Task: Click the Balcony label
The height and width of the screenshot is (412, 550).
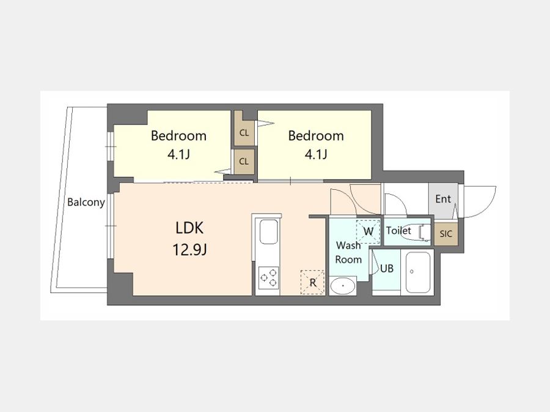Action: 86,202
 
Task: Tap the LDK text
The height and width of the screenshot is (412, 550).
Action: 189,228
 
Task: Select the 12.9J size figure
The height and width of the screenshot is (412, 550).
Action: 189,250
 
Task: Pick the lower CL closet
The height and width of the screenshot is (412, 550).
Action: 244,162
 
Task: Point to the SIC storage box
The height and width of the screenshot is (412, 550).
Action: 446,234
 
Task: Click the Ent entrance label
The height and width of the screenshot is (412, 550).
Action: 443,199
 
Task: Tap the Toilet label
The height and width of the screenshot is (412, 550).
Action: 398,231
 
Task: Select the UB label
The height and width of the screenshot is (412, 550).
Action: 387,269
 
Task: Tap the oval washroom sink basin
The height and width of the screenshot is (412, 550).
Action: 343,286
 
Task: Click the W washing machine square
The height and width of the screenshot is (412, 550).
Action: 369,231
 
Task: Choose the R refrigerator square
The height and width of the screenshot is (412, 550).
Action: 312,282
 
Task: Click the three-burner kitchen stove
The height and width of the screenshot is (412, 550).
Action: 269,278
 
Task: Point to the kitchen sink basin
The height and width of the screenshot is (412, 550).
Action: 269,232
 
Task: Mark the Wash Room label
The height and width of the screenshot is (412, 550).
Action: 348,252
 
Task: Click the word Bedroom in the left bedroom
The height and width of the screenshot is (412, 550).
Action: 178,136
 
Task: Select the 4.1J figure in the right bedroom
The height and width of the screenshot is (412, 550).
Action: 316,154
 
